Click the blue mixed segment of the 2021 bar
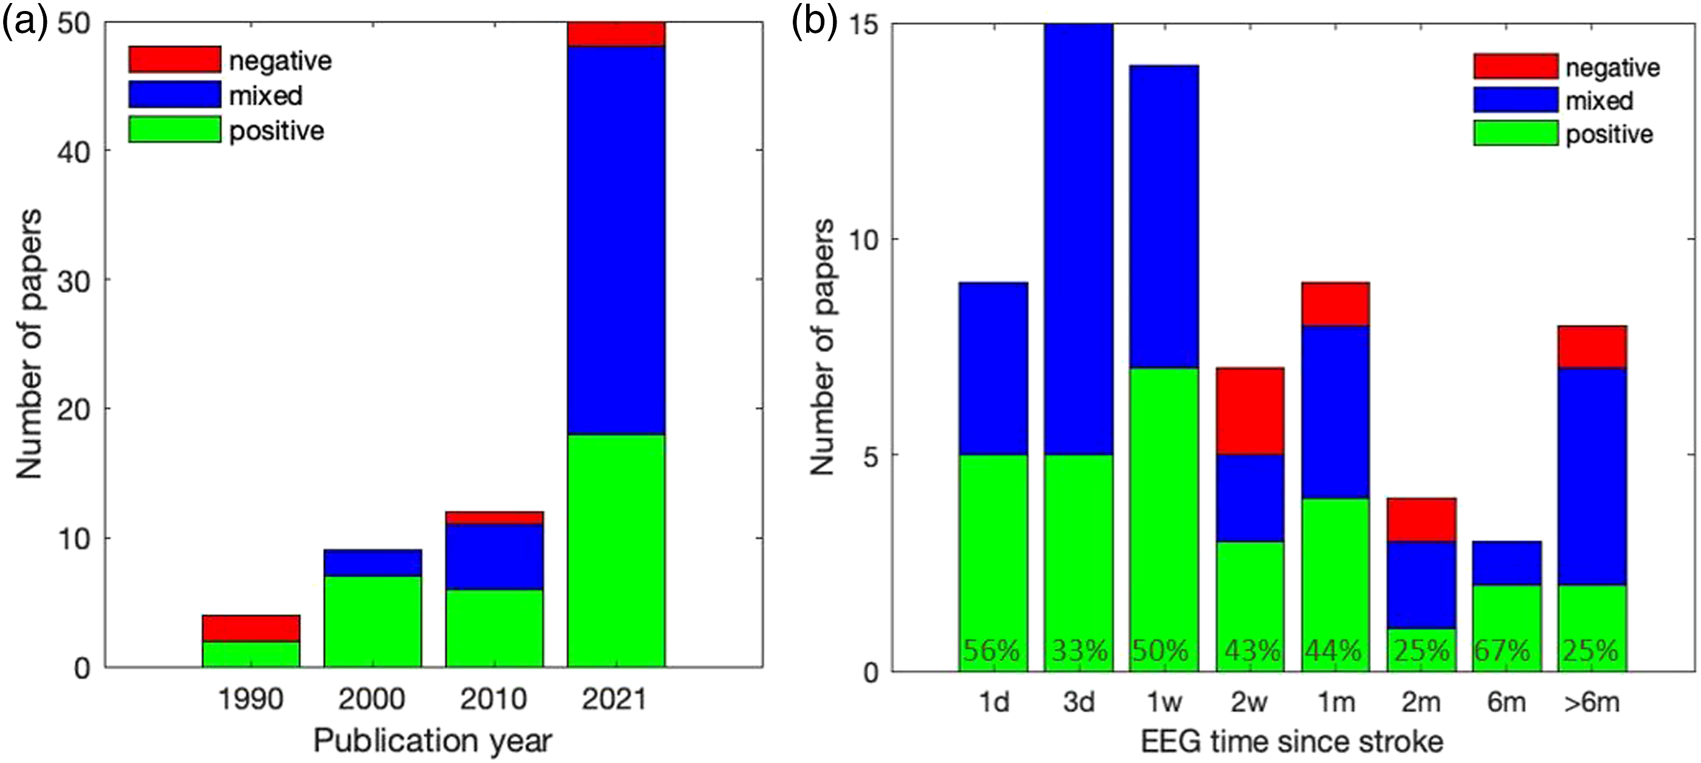(x=616, y=240)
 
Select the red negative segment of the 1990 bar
(x=251, y=629)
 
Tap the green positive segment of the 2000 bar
(x=373, y=622)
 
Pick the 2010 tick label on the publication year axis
(x=494, y=699)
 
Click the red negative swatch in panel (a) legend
(x=174, y=60)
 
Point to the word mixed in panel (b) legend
(x=1599, y=101)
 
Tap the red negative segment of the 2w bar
(x=1251, y=411)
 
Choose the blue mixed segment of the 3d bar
(x=1079, y=239)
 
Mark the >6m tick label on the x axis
(x=1592, y=702)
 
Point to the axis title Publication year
(x=432, y=741)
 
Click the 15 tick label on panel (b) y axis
(x=860, y=25)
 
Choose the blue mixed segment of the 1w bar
(x=1164, y=217)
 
